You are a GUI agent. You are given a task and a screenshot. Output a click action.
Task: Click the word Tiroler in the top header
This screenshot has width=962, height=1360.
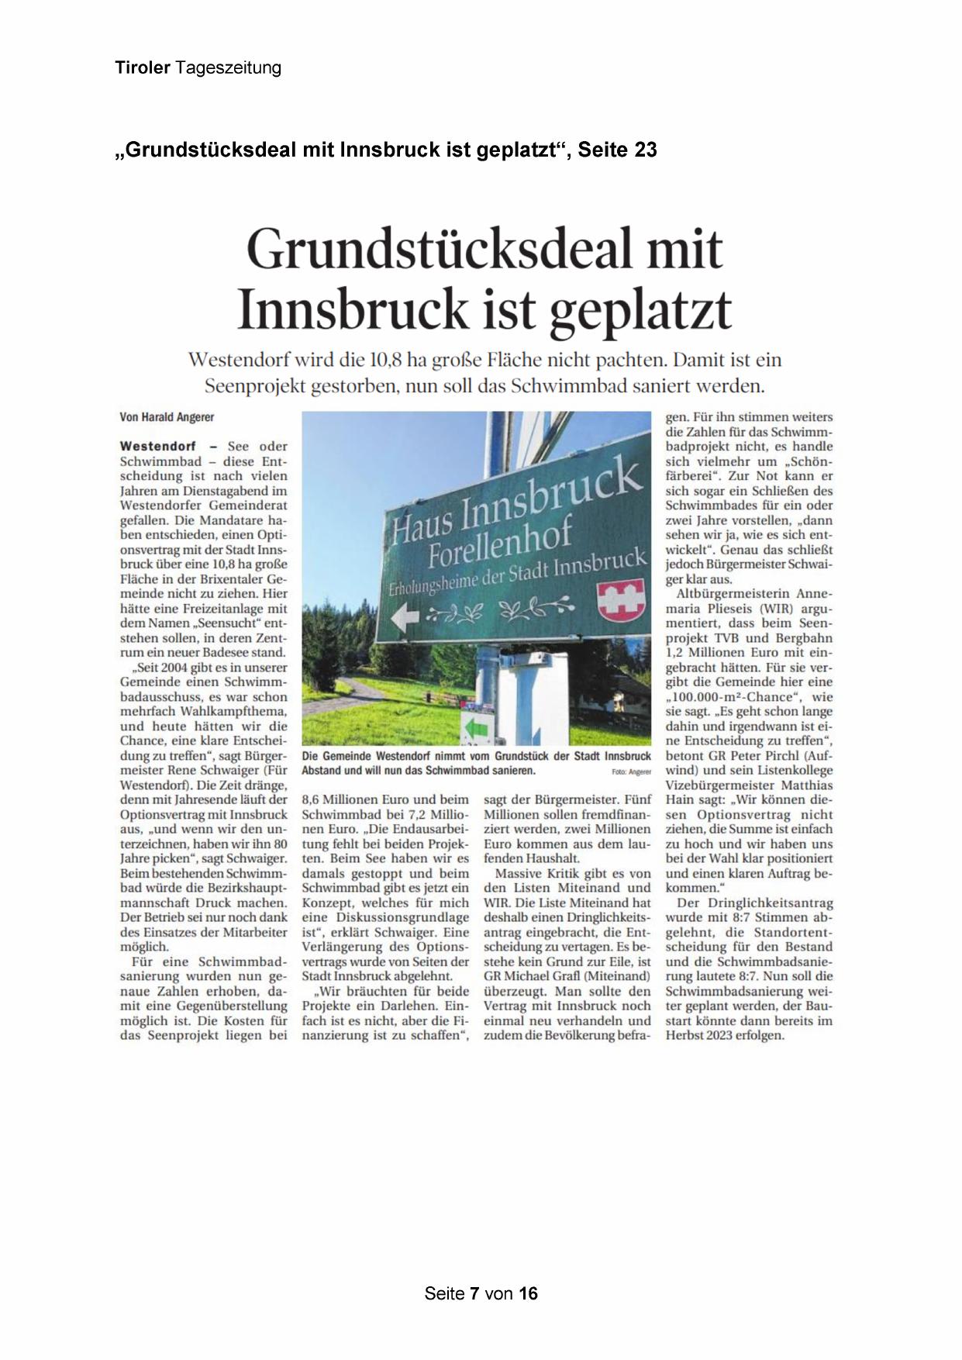(143, 68)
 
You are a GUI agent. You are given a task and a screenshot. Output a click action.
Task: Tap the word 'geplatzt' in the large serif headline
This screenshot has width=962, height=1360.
(640, 309)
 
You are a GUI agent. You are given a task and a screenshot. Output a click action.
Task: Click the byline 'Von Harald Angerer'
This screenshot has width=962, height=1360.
(167, 417)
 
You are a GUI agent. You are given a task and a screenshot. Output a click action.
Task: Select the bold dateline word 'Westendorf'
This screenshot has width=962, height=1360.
(158, 446)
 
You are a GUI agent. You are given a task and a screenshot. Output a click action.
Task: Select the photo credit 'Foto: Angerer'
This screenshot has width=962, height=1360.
(631, 772)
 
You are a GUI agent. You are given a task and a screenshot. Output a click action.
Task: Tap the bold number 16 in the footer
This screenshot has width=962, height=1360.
(528, 1293)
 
